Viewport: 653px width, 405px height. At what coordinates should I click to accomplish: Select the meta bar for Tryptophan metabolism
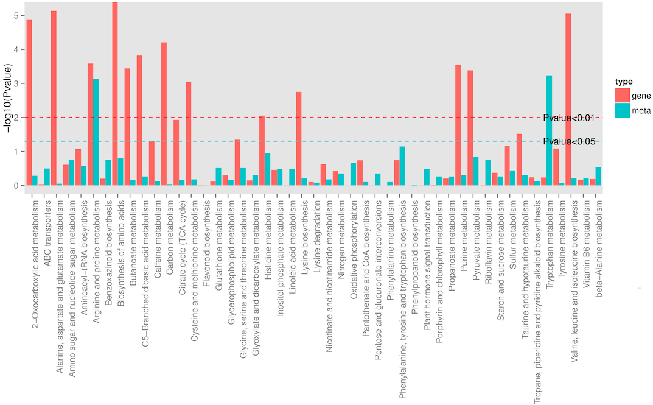coord(550,130)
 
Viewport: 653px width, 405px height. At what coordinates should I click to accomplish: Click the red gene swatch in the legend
coord(623,96)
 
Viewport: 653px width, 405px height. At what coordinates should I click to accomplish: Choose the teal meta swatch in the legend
coord(623,110)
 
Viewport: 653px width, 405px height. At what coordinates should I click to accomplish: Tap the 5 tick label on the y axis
coord(15,15)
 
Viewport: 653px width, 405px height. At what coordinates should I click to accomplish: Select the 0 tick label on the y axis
coord(15,185)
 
